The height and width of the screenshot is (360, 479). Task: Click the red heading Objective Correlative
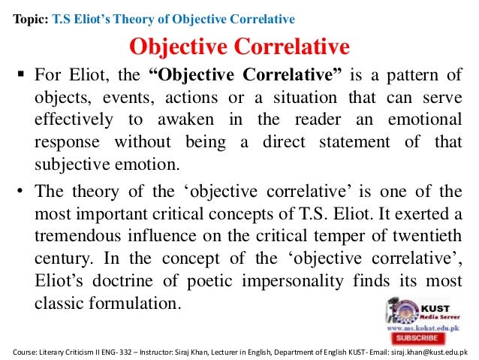coord(239,47)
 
